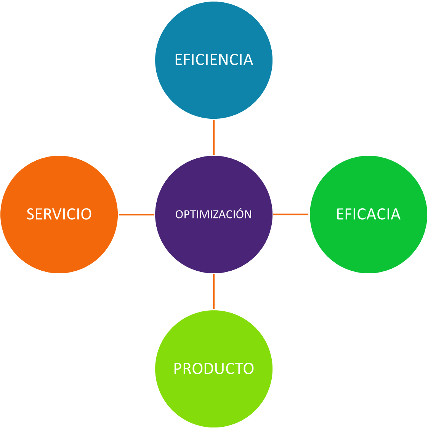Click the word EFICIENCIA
click(214, 60)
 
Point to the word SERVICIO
click(59, 214)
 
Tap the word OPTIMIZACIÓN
click(213, 214)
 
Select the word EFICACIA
click(368, 214)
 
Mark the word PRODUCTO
click(213, 368)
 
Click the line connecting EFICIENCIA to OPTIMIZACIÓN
click(214, 137)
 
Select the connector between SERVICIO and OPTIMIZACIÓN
click(136, 215)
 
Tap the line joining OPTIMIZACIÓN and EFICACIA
click(291, 215)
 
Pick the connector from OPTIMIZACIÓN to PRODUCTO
click(214, 291)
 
